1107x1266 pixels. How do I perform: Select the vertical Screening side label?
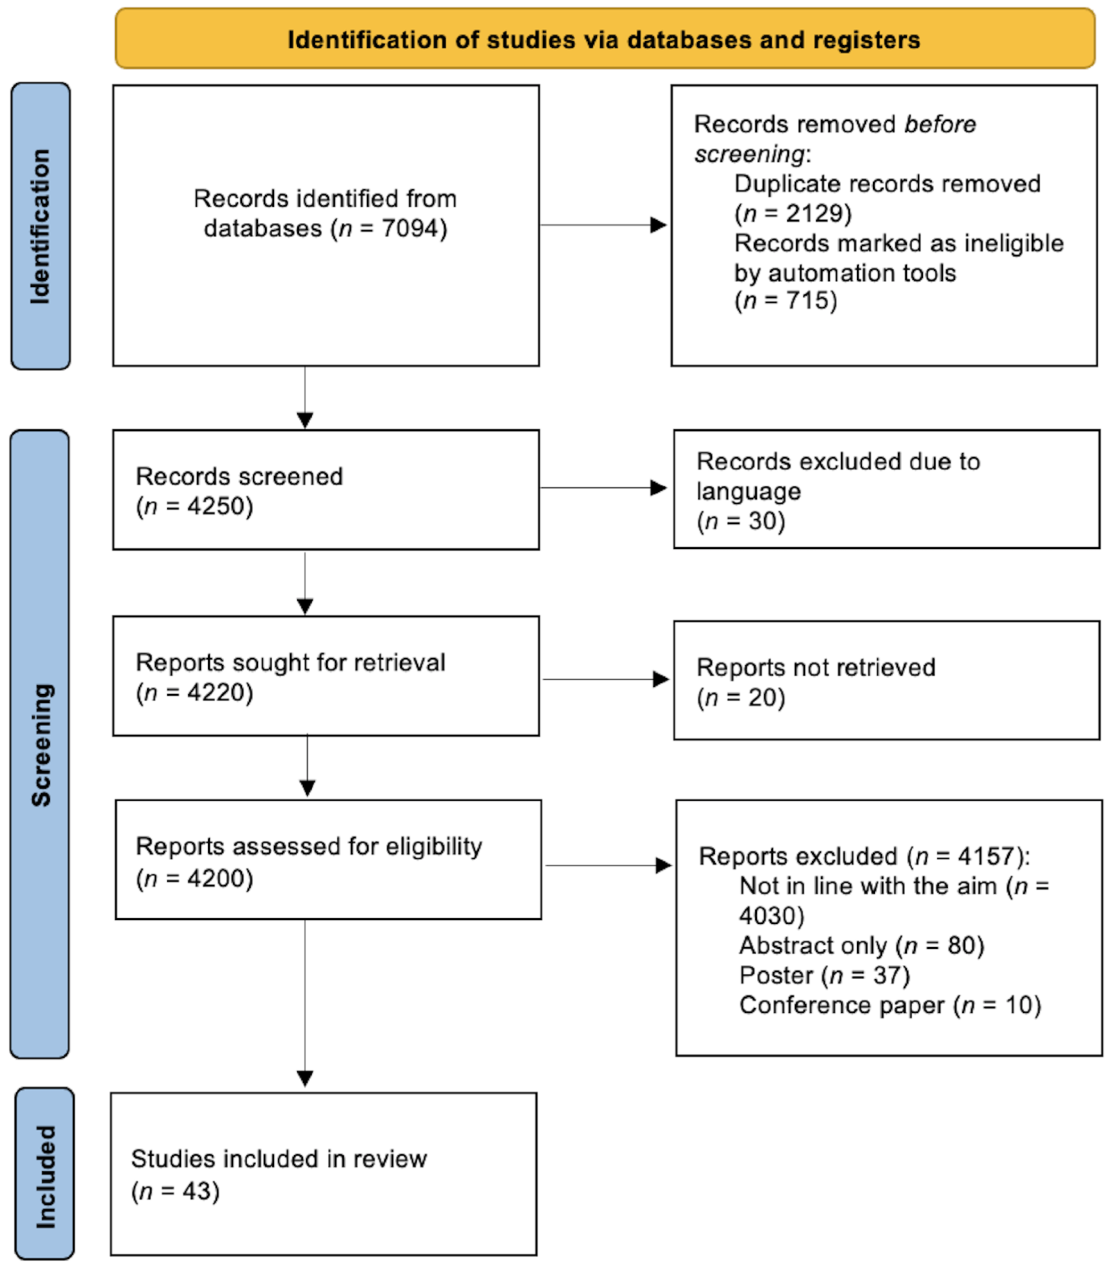tap(40, 744)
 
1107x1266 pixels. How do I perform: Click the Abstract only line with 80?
tap(861, 945)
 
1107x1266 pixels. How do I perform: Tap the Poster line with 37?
tap(824, 975)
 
